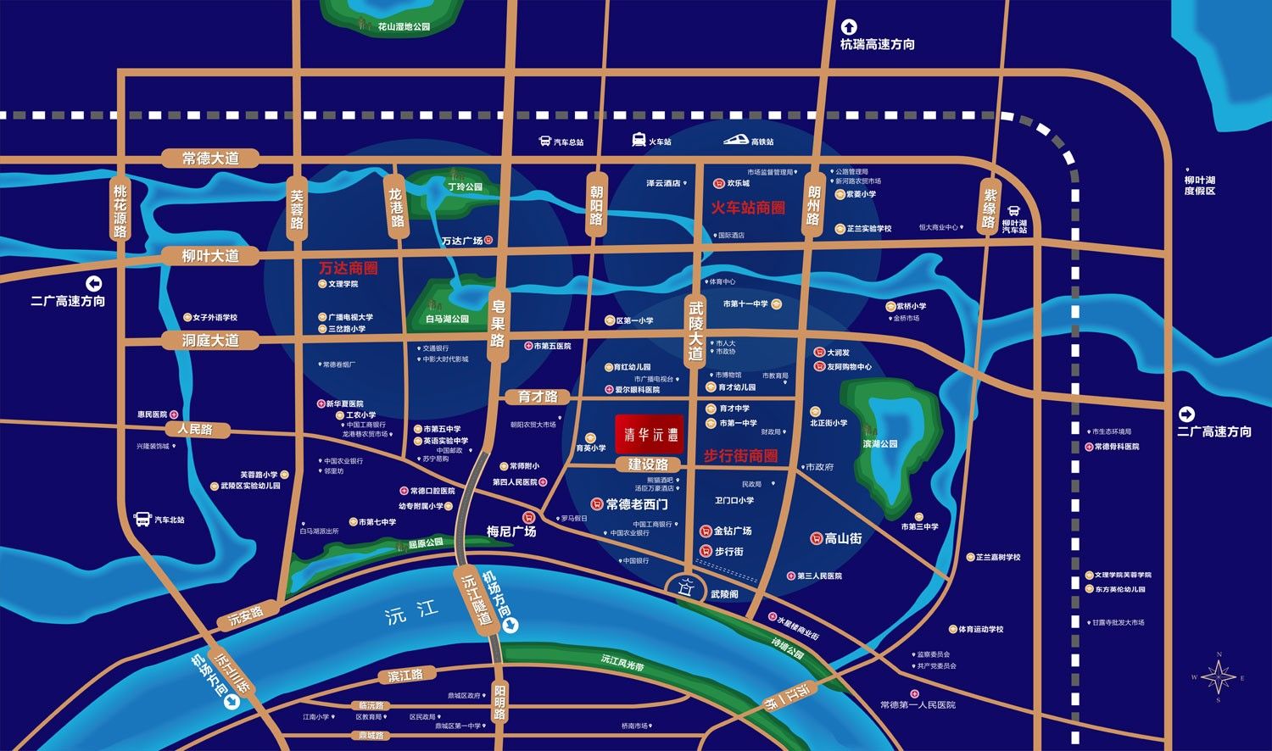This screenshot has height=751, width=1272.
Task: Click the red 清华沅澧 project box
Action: coord(650,434)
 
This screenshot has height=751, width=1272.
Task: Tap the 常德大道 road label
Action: coord(210,159)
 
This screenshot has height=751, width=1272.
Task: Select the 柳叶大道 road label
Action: coord(210,256)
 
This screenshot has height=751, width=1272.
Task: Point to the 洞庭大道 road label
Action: coord(210,341)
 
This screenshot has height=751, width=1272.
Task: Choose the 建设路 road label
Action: coord(648,465)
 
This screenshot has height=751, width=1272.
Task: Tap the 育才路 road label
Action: coord(538,397)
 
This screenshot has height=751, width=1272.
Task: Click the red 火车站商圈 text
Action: coord(748,208)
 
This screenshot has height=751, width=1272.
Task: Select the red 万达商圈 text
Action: coord(349,268)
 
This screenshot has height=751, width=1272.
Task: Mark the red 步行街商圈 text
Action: coord(740,456)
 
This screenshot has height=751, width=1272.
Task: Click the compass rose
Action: coord(1219,676)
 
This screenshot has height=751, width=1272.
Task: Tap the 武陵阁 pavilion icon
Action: coord(688,587)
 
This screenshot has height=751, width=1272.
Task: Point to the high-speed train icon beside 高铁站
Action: coord(735,141)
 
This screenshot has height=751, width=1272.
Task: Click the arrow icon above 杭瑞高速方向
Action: coord(849,27)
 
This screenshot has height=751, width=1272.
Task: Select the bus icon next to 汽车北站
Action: coord(142,519)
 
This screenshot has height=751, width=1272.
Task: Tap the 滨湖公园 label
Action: coord(880,444)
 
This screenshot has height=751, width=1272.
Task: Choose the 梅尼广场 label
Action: coord(511,531)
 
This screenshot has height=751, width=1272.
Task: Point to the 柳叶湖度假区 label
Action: coord(1199,186)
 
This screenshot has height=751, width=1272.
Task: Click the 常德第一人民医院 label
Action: coord(918,705)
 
